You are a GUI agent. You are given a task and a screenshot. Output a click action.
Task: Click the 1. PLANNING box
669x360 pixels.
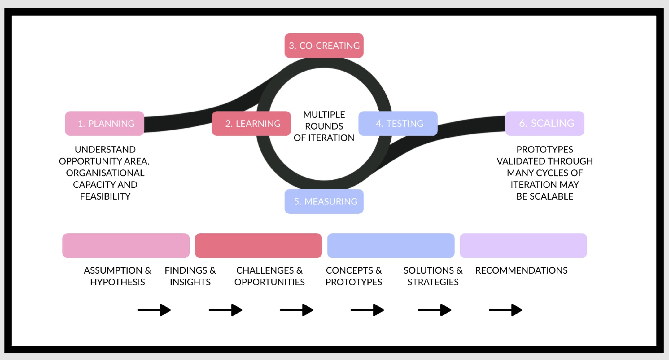[x=105, y=123]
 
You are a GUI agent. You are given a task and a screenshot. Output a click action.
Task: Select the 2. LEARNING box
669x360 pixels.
[x=251, y=123]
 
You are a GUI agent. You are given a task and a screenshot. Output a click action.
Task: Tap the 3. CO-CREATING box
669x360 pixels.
[x=324, y=46]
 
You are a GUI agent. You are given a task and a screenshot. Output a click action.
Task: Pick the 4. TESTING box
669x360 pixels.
[x=398, y=123]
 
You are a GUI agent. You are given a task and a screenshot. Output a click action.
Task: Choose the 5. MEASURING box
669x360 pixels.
[x=324, y=201]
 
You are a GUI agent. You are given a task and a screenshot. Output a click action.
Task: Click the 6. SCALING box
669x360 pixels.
[x=545, y=123]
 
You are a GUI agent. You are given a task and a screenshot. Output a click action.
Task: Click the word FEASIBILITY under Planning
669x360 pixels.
[x=105, y=196]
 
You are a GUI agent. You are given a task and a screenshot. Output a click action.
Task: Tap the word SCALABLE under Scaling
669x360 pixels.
[x=552, y=196]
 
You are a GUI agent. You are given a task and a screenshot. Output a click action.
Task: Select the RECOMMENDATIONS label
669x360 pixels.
[x=521, y=270]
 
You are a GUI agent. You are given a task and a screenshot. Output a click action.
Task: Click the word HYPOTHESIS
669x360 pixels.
[x=118, y=282]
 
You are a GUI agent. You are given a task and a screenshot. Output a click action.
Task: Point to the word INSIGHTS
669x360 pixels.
[x=190, y=282]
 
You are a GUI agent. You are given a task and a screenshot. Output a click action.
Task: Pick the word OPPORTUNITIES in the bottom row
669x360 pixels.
[x=269, y=282]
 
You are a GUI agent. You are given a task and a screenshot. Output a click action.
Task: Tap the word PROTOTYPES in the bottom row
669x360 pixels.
[x=354, y=282]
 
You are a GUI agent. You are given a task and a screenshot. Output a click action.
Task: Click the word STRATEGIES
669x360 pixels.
[x=433, y=282]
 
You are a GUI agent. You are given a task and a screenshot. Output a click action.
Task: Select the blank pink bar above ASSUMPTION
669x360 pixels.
[x=126, y=245]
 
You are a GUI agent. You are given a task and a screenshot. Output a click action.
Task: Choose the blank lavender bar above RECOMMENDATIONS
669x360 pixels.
[x=523, y=245]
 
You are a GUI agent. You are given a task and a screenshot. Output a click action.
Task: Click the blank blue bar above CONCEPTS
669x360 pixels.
[x=391, y=245]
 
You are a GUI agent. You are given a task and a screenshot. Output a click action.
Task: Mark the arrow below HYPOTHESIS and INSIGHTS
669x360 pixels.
[x=154, y=310]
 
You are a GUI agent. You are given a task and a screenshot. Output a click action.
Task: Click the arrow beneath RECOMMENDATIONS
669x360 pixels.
[x=505, y=310]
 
